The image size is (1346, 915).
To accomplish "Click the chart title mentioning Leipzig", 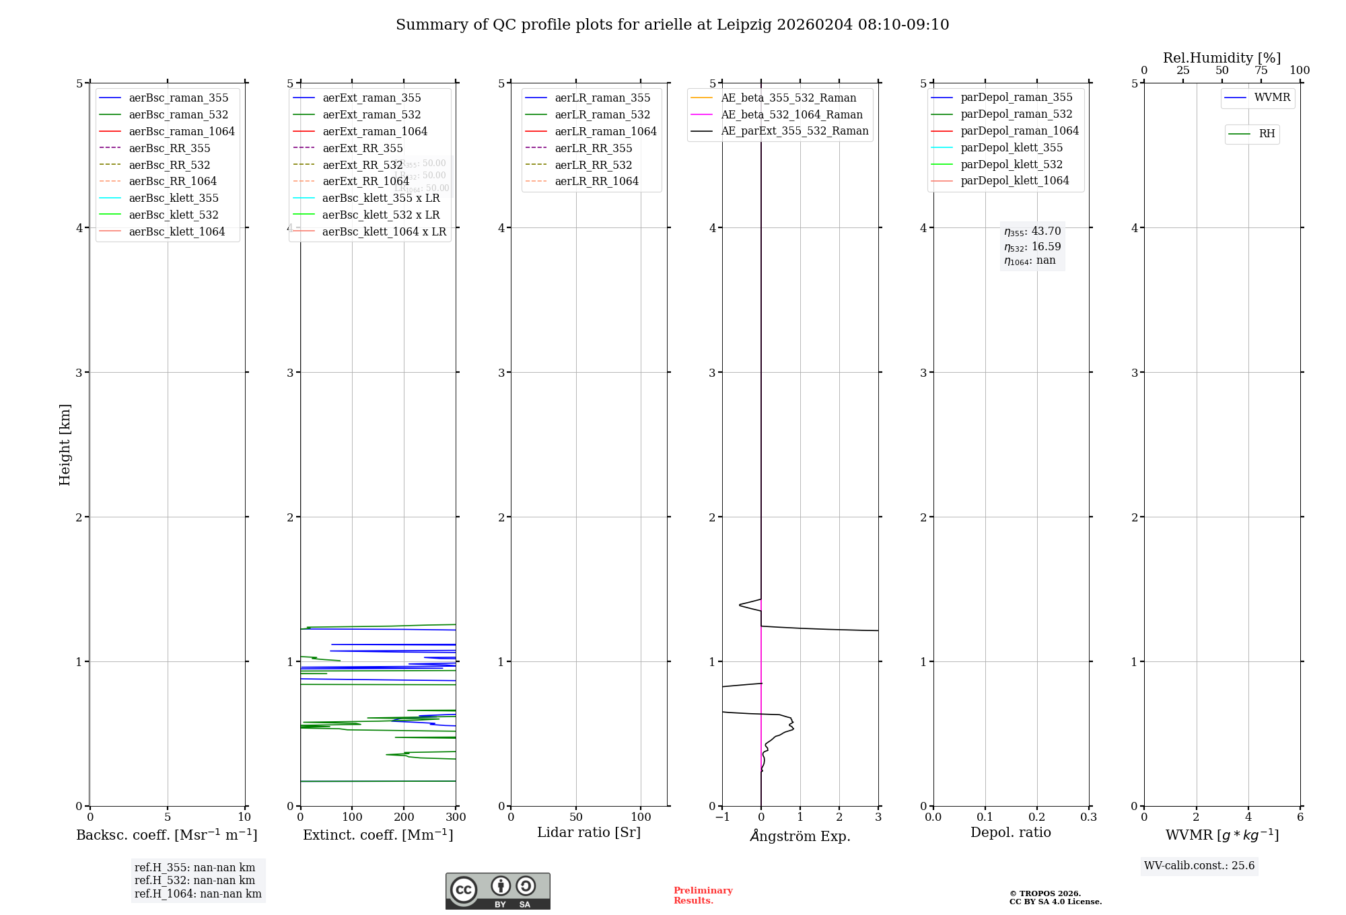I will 672,25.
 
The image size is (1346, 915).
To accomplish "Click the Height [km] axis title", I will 65,445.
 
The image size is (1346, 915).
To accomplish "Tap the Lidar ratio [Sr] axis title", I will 589,832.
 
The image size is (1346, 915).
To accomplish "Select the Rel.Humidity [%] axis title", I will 1221,58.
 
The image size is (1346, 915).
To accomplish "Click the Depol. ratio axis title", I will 1011,832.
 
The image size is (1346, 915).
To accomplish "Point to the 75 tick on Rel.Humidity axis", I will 1261,71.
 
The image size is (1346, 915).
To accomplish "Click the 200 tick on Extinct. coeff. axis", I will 404,817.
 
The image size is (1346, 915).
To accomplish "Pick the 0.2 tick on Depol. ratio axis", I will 1037,817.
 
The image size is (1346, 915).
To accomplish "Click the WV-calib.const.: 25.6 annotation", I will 1199,866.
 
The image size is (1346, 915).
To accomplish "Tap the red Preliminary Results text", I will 703,895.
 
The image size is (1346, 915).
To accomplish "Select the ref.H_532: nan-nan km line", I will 194,881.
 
